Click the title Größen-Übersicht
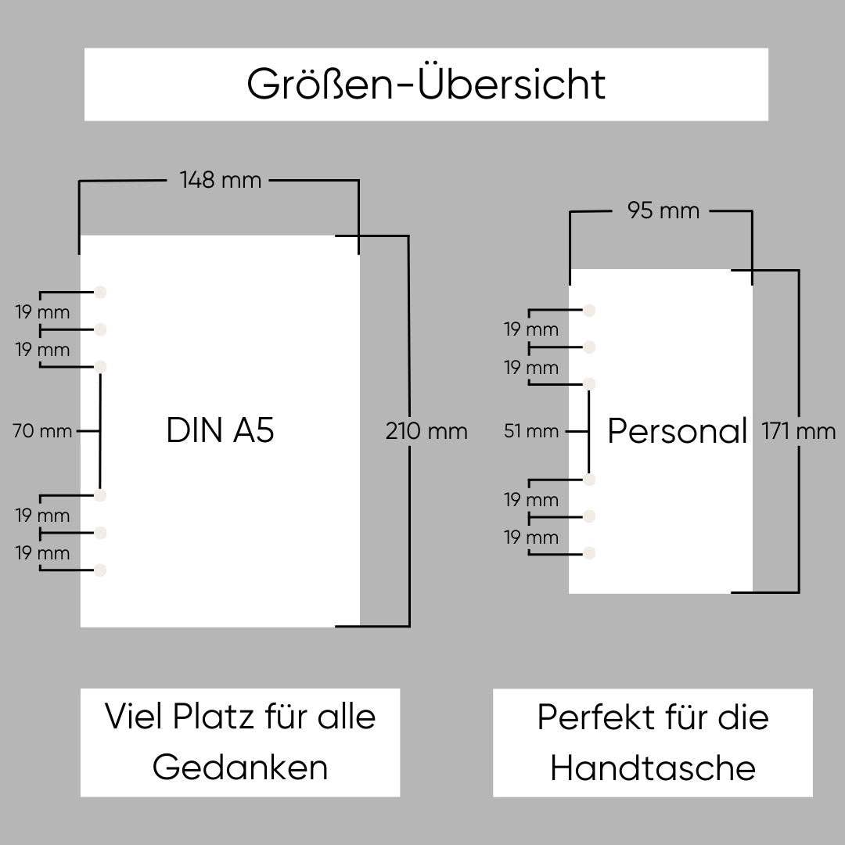click(426, 84)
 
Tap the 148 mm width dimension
click(220, 181)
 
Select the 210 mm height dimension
click(426, 431)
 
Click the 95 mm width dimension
click(663, 210)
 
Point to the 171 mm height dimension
click(799, 431)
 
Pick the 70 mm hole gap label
click(42, 431)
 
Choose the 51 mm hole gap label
click(531, 431)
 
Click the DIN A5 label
click(220, 431)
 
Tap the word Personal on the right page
click(678, 431)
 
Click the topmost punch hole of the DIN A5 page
click(100, 293)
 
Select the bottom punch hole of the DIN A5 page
click(100, 570)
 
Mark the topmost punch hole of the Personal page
click(590, 310)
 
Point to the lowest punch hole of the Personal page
click(590, 553)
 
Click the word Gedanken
click(240, 768)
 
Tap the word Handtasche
click(653, 768)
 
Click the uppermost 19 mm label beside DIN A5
click(42, 312)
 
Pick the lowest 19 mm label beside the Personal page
click(531, 538)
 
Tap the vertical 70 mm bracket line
click(100, 431)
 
